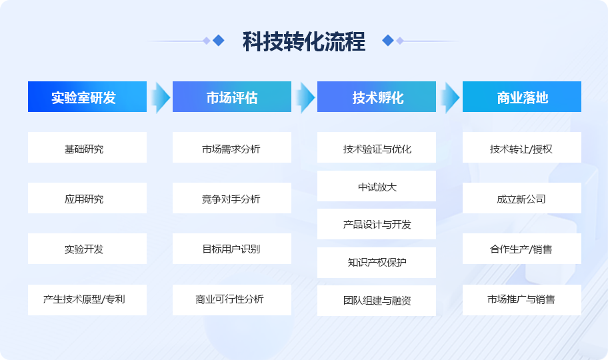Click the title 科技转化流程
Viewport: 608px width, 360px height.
coord(304,41)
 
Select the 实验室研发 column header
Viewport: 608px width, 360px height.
coord(87,97)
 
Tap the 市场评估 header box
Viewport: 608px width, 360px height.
coord(232,97)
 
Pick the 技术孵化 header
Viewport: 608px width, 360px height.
coord(377,97)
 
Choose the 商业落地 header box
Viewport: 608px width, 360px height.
coord(522,97)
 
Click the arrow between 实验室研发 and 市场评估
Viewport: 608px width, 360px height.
coord(160,97)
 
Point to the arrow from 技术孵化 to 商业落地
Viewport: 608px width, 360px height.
coord(450,97)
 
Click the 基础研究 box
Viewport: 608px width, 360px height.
coord(87,147)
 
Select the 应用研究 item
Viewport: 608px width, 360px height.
coord(87,198)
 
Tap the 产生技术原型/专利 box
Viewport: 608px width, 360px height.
coord(87,300)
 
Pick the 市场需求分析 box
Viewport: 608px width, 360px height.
coord(232,147)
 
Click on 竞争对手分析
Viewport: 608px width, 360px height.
coord(232,198)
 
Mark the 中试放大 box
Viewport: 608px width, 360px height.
coord(377,186)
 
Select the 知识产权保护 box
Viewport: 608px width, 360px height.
coord(377,263)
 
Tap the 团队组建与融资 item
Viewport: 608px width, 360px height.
coord(377,301)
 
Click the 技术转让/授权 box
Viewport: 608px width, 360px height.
coord(522,147)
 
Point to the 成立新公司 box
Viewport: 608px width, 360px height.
coord(522,198)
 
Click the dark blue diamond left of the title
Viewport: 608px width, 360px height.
coord(219,41)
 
